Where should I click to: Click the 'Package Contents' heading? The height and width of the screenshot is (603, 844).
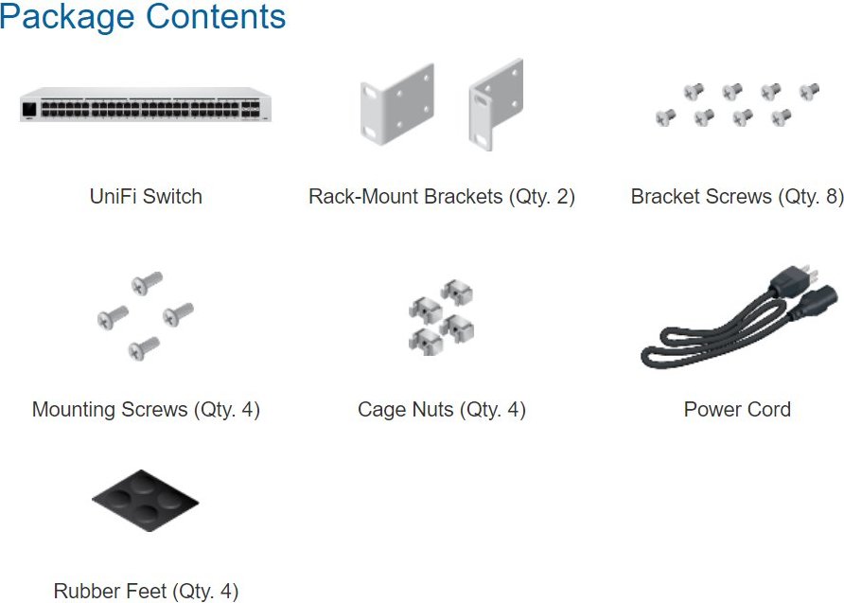[x=143, y=17]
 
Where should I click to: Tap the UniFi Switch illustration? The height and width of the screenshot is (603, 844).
[x=146, y=105]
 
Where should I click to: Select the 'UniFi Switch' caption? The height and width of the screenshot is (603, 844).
[x=146, y=197]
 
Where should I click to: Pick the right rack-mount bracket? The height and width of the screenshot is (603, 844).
[x=495, y=104]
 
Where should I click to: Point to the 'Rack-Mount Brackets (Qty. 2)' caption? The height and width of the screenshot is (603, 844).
[x=442, y=197]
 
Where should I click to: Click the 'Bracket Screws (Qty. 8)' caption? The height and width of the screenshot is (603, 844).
[x=737, y=197]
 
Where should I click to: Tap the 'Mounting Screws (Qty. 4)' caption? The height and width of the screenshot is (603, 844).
[x=146, y=410]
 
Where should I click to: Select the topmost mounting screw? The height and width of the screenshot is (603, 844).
[x=147, y=283]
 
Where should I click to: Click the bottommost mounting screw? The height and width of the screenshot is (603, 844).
[x=144, y=348]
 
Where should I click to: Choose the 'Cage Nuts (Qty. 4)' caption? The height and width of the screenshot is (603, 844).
[x=441, y=410]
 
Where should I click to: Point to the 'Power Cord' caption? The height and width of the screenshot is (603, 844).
[x=737, y=410]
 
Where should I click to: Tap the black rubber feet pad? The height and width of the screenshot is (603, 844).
[x=146, y=501]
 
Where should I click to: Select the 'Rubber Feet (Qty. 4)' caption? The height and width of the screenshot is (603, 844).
[x=146, y=591]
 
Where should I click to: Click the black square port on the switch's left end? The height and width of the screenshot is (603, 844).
[x=29, y=109]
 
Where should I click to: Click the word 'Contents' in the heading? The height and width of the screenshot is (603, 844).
[x=216, y=17]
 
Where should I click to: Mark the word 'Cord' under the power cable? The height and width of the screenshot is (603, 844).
[x=767, y=410]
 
